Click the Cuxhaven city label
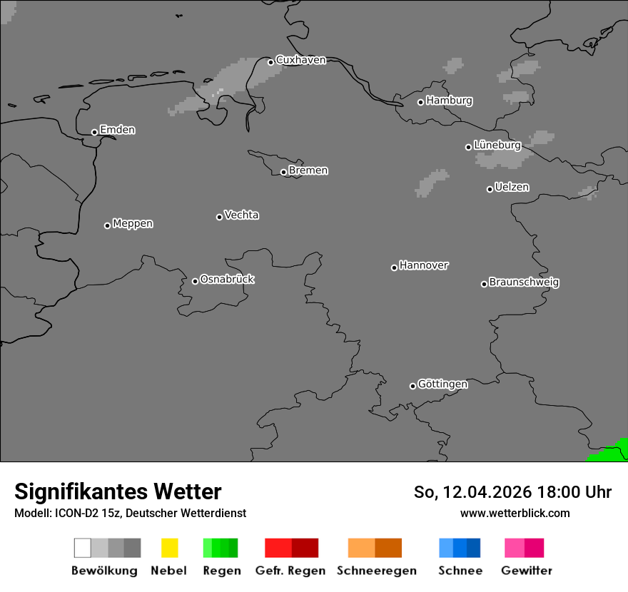click(300, 60)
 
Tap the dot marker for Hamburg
click(421, 102)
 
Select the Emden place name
click(117, 130)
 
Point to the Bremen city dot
click(283, 172)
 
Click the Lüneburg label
click(497, 145)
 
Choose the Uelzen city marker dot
click(490, 189)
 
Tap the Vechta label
click(241, 215)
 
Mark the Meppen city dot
click(107, 225)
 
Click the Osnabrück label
click(227, 279)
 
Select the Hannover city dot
click(394, 267)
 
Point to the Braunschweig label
click(524, 282)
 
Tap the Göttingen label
click(442, 384)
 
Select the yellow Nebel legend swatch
click(169, 548)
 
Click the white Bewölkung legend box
click(83, 548)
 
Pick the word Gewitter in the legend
click(527, 571)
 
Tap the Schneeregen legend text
click(377, 571)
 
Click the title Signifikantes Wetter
click(118, 491)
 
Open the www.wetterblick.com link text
click(515, 513)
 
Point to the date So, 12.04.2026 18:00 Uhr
click(512, 492)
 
